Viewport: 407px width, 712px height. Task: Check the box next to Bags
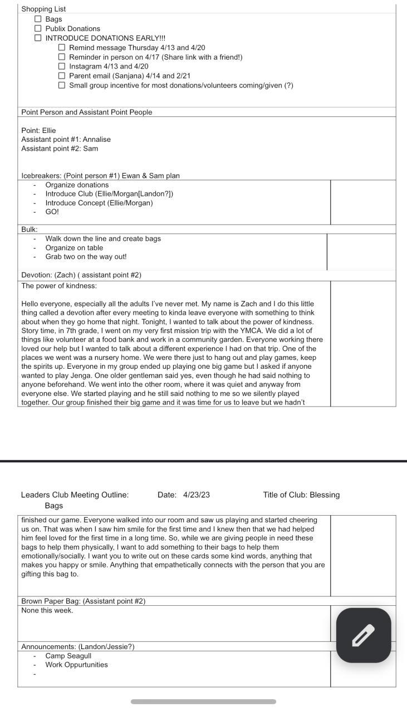click(x=38, y=19)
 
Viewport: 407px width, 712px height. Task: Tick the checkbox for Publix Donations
click(x=38, y=28)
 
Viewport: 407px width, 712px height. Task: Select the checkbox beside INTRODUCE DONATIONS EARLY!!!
click(x=38, y=38)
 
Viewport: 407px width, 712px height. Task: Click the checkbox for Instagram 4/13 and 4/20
click(x=62, y=66)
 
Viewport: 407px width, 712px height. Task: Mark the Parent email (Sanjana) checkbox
click(x=62, y=76)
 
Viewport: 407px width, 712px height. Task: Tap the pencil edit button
click(x=364, y=635)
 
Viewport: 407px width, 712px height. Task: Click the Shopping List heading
click(x=43, y=9)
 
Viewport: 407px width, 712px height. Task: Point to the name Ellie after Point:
click(x=49, y=130)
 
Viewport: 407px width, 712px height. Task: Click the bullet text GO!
click(x=52, y=212)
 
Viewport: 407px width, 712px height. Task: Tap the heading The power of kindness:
click(x=59, y=286)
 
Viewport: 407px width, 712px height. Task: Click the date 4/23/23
click(x=197, y=495)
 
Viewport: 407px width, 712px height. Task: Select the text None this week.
click(x=47, y=610)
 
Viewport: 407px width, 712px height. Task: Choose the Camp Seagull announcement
click(x=68, y=656)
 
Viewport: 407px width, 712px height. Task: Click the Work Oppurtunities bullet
click(x=76, y=665)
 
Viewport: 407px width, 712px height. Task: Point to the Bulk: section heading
click(x=30, y=229)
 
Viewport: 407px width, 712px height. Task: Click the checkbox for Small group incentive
click(x=62, y=85)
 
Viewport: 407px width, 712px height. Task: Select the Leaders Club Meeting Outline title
click(x=75, y=495)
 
